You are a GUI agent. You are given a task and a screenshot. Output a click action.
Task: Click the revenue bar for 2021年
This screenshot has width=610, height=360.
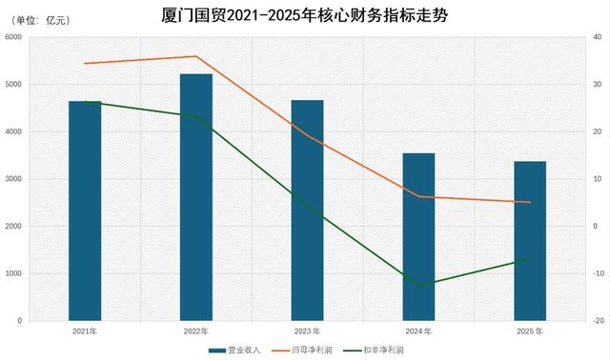85,210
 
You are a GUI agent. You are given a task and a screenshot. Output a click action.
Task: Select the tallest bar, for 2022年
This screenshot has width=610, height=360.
196,197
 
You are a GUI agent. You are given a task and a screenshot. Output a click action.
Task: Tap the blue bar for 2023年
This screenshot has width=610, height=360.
307,210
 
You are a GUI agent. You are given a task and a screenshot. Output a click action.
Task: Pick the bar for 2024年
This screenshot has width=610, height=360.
418,237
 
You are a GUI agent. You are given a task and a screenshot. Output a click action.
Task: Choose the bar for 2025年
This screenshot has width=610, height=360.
530,241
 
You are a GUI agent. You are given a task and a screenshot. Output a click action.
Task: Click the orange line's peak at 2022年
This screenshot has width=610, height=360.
196,56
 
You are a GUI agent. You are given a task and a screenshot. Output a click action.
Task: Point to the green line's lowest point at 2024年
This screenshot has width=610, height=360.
419,286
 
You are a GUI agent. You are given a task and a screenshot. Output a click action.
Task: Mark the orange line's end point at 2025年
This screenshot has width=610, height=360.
530,202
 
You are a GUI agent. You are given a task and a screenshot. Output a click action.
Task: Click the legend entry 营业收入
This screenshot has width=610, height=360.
234,350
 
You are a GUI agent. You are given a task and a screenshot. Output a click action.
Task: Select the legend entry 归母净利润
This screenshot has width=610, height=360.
302,350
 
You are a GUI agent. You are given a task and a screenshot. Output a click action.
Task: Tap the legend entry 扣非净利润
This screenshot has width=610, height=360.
374,350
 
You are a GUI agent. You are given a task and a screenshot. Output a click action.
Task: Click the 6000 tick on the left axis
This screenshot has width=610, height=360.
13,37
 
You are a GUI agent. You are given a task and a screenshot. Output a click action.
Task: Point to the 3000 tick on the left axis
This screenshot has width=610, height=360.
13,179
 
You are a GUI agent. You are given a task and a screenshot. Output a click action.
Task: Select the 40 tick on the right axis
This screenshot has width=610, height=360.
598,37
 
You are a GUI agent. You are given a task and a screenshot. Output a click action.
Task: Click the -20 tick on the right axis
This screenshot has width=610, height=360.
599,321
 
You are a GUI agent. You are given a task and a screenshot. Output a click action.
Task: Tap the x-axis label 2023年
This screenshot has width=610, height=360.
307,331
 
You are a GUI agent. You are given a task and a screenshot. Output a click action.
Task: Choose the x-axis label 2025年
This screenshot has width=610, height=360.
530,331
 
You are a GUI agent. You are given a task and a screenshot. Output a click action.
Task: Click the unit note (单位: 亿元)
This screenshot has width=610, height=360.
41,20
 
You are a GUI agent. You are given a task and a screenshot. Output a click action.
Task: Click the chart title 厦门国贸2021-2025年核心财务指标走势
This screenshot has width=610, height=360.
305,15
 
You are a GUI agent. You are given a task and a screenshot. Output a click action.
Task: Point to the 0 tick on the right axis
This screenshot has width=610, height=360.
595,227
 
